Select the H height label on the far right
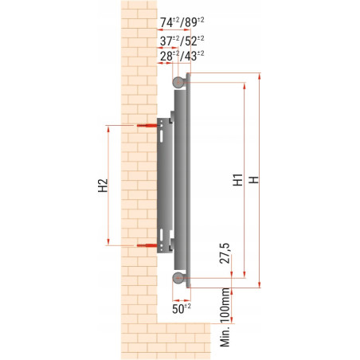pyautogui.click(x=253, y=181)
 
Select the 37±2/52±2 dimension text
pyautogui.click(x=179, y=40)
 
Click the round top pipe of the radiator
pyautogui.click(x=178, y=81)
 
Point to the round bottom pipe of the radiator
pyautogui.click(x=178, y=277)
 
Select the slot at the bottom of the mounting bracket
pyautogui.click(x=163, y=237)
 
